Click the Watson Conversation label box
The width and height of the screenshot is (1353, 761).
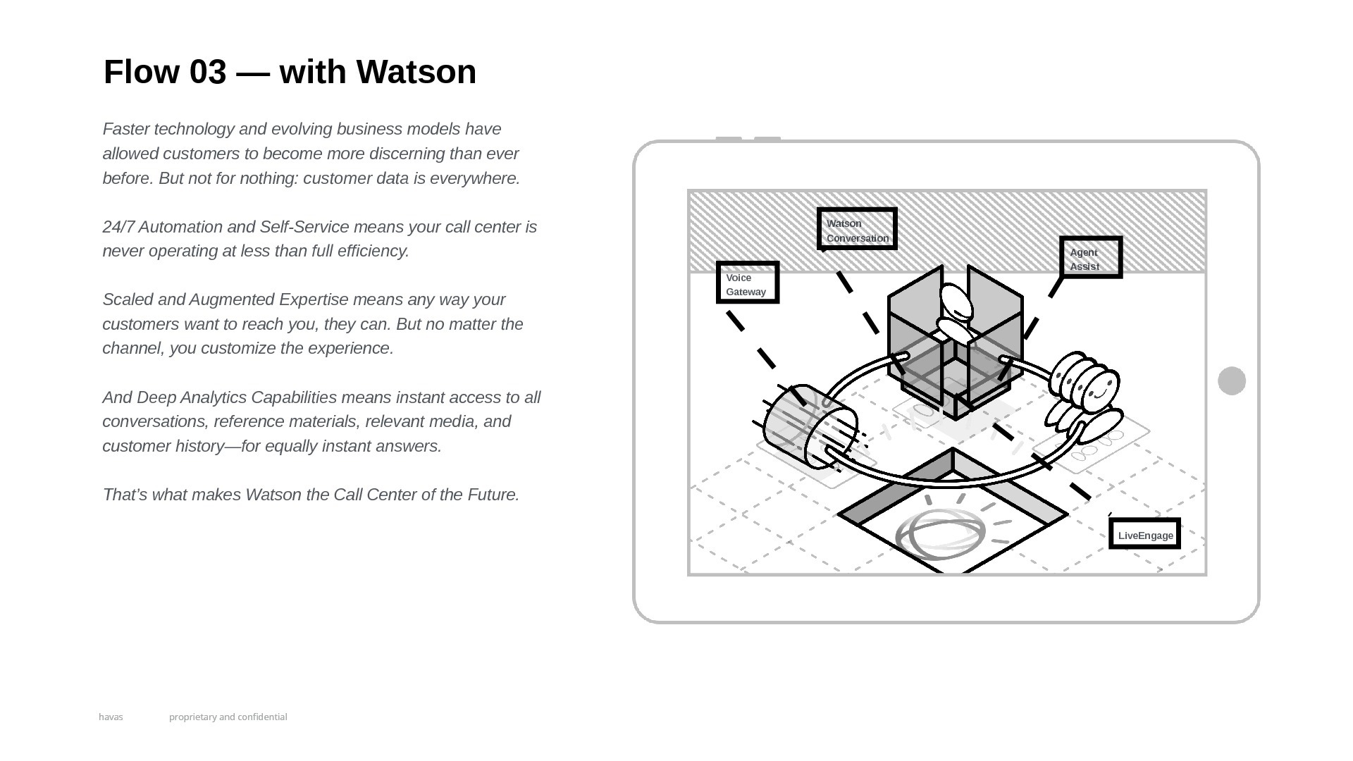pyautogui.click(x=857, y=229)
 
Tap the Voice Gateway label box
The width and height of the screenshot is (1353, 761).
pyautogui.click(x=748, y=283)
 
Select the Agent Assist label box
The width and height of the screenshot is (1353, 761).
pyautogui.click(x=1091, y=257)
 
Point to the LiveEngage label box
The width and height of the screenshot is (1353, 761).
pyautogui.click(x=1144, y=533)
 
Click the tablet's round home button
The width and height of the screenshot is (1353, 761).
pyautogui.click(x=1232, y=381)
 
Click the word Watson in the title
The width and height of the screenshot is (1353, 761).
pyautogui.click(x=416, y=72)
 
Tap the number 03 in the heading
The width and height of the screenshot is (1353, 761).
pyautogui.click(x=208, y=72)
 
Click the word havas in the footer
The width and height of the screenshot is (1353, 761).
pyautogui.click(x=111, y=717)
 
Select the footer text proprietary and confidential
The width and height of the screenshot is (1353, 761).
pyautogui.click(x=228, y=717)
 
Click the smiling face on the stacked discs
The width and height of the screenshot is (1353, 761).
pyautogui.click(x=1100, y=388)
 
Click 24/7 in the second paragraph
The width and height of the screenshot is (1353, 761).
pyautogui.click(x=118, y=227)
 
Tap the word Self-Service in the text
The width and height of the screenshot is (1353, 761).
pyautogui.click(x=304, y=227)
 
